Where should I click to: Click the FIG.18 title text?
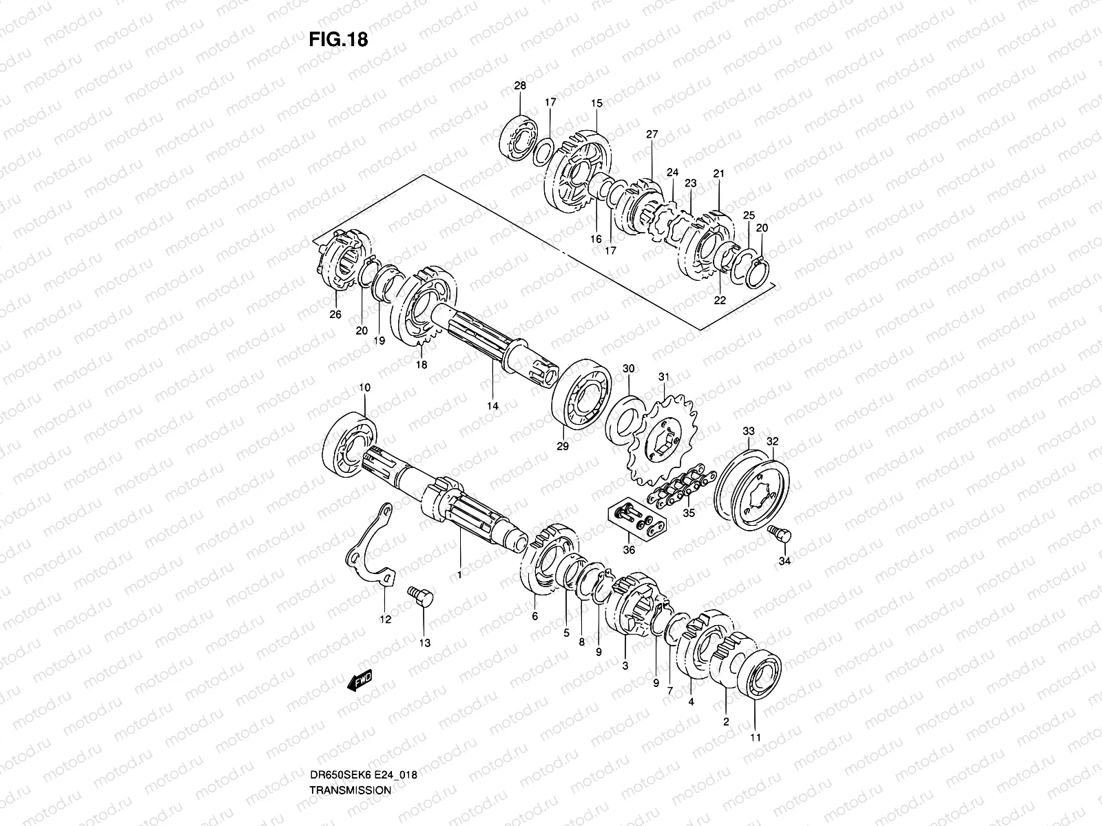(338, 40)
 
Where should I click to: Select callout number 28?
(520, 86)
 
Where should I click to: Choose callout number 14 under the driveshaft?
(492, 406)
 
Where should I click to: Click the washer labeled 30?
(628, 418)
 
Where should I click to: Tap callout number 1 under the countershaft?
(459, 573)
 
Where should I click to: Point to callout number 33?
(749, 431)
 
